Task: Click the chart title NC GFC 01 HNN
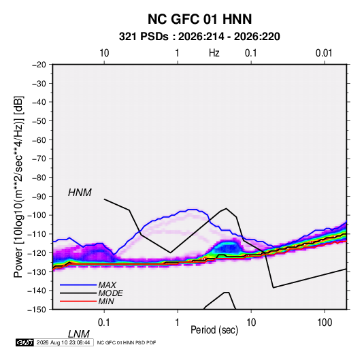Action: point(199,19)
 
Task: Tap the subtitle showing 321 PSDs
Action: point(199,37)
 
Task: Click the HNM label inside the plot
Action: point(80,193)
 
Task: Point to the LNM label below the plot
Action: point(79,334)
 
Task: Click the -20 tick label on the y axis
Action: point(39,65)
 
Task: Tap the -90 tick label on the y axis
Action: point(39,197)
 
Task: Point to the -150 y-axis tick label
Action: point(37,310)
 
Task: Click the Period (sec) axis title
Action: point(214,330)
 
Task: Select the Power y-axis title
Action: point(18,186)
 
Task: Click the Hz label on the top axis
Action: point(214,53)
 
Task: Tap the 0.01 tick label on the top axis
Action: point(324,53)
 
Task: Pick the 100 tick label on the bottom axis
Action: point(325,323)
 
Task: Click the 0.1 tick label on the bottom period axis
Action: point(104,323)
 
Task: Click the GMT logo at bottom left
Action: point(25,342)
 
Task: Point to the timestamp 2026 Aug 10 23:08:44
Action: point(63,342)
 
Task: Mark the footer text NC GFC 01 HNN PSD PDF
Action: point(127,342)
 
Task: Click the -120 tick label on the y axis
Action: point(37,252)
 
